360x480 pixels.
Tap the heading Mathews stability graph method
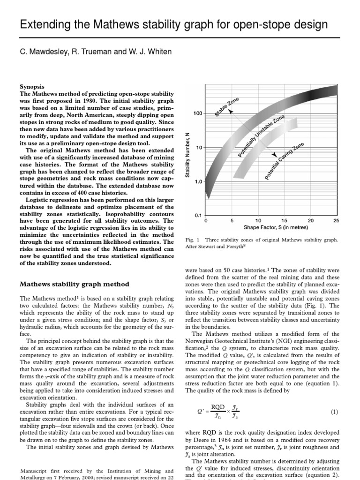click(75, 284)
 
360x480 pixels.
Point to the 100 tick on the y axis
click(197, 113)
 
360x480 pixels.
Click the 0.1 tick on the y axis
click(198, 216)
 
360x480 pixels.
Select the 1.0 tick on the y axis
click(197, 181)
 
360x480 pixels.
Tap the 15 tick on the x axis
click(284, 220)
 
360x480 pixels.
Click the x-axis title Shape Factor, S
click(271, 227)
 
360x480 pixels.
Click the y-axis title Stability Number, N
click(187, 154)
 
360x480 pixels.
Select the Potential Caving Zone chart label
click(285, 162)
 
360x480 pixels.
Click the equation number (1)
click(334, 412)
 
